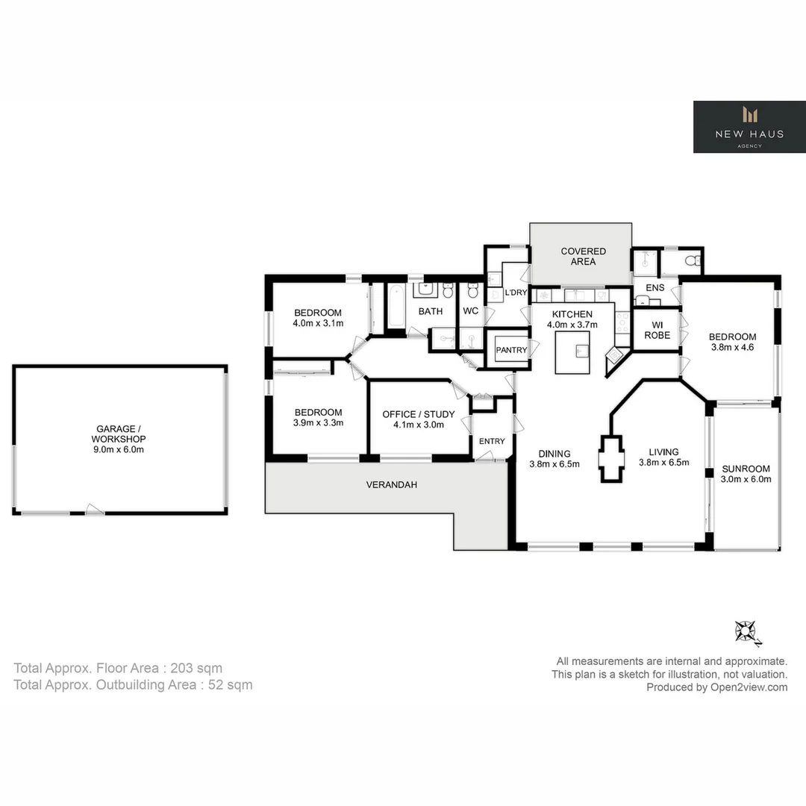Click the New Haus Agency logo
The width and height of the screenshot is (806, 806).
tap(749, 127)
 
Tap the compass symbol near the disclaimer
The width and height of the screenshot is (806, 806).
tap(746, 632)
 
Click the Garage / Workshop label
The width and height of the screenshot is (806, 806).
tap(119, 439)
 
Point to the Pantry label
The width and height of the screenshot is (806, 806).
tap(511, 350)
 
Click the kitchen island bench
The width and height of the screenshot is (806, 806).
tap(572, 352)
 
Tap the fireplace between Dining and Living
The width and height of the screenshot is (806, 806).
tap(610, 459)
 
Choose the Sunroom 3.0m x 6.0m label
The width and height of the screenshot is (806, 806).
tap(746, 475)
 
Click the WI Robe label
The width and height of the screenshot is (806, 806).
tap(657, 329)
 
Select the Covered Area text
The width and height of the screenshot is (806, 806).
tap(583, 256)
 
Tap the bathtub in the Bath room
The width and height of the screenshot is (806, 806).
tap(396, 307)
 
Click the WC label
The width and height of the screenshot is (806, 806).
tap(471, 310)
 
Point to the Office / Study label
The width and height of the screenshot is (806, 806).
tap(418, 419)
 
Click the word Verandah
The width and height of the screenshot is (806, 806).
tap(391, 484)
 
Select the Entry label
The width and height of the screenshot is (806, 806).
tap(491, 441)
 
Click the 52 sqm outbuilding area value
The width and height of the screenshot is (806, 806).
tap(230, 684)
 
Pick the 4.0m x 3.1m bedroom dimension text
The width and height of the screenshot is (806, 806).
tap(317, 324)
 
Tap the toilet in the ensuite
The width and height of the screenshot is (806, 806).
tap(692, 261)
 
